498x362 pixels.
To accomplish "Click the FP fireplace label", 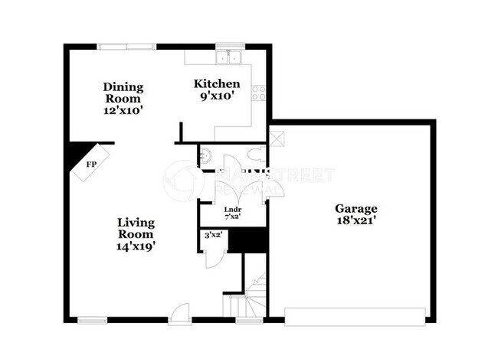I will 90,165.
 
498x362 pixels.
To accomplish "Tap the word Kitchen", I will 217,84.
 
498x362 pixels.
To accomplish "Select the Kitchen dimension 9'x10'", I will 217,96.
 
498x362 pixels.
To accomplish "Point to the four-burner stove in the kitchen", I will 259,93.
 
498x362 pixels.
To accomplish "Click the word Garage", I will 355,208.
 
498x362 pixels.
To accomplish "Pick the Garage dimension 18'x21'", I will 355,220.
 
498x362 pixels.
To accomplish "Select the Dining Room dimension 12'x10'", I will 123,110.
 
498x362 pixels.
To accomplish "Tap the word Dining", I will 123,86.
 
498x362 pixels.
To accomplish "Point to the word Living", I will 136,223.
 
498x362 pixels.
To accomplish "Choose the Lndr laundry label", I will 232,210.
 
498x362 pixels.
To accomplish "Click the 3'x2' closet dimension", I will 212,235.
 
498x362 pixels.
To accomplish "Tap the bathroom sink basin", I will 203,157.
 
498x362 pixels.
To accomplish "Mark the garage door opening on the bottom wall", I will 355,315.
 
